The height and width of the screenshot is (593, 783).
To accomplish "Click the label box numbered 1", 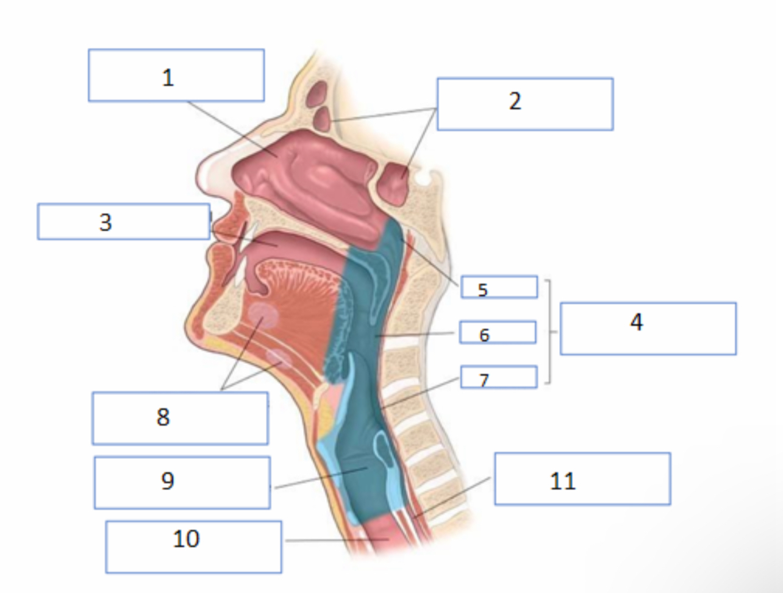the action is tap(176, 75).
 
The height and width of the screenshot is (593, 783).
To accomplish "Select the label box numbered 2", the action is tap(525, 104).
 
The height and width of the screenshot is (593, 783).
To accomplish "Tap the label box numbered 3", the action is tap(124, 221).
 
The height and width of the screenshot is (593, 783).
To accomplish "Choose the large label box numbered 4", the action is tap(648, 328).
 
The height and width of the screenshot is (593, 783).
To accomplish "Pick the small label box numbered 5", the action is tap(499, 286).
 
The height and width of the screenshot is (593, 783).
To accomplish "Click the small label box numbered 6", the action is tap(498, 332).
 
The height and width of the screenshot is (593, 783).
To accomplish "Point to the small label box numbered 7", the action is tap(499, 377).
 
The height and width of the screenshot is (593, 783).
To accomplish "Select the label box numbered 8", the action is tap(180, 418).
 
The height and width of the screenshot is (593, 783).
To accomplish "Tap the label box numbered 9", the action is tap(182, 483).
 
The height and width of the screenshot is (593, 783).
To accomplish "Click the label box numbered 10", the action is tap(194, 547).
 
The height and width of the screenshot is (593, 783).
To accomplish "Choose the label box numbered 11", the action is tap(582, 478).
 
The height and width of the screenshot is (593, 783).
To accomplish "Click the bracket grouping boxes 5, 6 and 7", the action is tap(549, 332).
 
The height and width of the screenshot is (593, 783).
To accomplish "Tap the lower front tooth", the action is tap(240, 272).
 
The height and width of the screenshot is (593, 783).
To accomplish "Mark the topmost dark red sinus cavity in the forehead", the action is tap(318, 93).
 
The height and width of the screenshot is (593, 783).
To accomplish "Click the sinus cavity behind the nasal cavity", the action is tap(395, 183).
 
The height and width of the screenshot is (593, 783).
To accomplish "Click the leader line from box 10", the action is tap(337, 540).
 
